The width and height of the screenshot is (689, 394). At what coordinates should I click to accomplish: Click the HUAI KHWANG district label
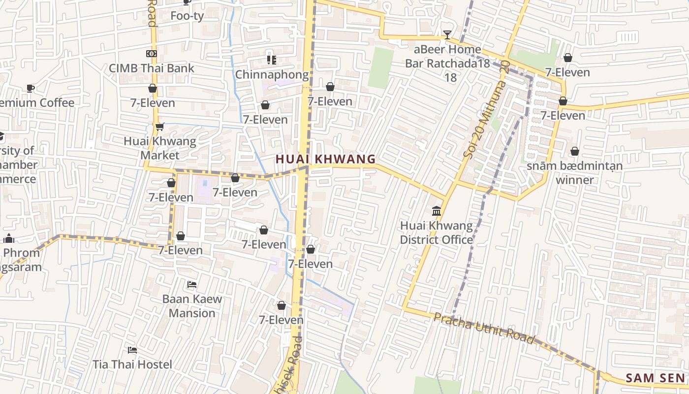[326, 159]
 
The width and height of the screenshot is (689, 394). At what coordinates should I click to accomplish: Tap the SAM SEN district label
[655, 378]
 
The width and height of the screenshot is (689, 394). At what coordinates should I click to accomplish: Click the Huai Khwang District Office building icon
[436, 211]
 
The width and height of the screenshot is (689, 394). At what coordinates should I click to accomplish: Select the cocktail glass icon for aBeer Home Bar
[447, 34]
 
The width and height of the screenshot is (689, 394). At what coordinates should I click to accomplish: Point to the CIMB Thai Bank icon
[152, 53]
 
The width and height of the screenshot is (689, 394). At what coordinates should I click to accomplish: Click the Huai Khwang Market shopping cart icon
[159, 127]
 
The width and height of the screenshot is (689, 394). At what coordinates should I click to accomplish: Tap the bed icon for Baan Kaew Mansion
[192, 285]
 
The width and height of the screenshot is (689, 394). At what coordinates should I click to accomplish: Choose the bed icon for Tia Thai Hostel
[132, 350]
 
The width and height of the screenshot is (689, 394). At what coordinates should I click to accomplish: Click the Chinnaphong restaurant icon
[271, 60]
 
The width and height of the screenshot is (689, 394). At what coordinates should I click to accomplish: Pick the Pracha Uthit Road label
[483, 328]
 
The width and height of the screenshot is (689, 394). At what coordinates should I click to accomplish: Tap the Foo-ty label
[187, 16]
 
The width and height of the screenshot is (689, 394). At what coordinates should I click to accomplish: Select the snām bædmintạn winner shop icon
[574, 151]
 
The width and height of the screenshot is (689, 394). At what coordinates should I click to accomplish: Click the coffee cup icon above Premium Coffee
[30, 88]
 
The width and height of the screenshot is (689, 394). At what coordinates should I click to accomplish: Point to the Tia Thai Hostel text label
[132, 364]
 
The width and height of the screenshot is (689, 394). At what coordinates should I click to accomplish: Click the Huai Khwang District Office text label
[436, 232]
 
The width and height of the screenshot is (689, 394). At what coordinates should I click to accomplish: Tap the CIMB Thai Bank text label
[152, 68]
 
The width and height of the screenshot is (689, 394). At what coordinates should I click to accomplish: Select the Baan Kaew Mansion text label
[192, 306]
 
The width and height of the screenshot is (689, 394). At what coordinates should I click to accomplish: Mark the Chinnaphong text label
[272, 74]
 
